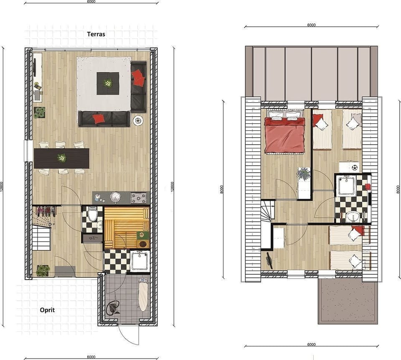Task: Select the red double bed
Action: click(284, 134)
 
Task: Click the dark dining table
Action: click(61, 158)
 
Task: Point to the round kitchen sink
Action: click(116, 197)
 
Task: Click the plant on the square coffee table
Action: click(108, 83)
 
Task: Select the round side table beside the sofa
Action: click(138, 120)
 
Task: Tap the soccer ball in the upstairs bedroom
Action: click(355, 167)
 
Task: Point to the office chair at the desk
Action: click(268, 260)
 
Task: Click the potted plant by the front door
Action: click(43, 270)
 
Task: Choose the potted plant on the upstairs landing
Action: click(304, 174)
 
